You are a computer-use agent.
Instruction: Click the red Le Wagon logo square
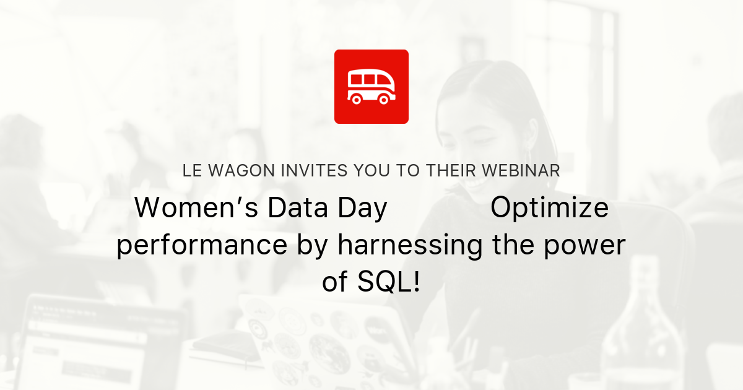(371, 87)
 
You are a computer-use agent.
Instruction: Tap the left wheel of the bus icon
(357, 98)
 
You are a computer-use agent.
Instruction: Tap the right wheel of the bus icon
(385, 98)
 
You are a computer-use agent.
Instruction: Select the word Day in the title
(361, 209)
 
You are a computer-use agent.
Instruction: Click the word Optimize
(549, 209)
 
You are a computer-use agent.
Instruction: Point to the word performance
(202, 246)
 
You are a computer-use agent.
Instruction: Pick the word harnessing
(409, 246)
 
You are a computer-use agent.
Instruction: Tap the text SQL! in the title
(388, 283)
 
